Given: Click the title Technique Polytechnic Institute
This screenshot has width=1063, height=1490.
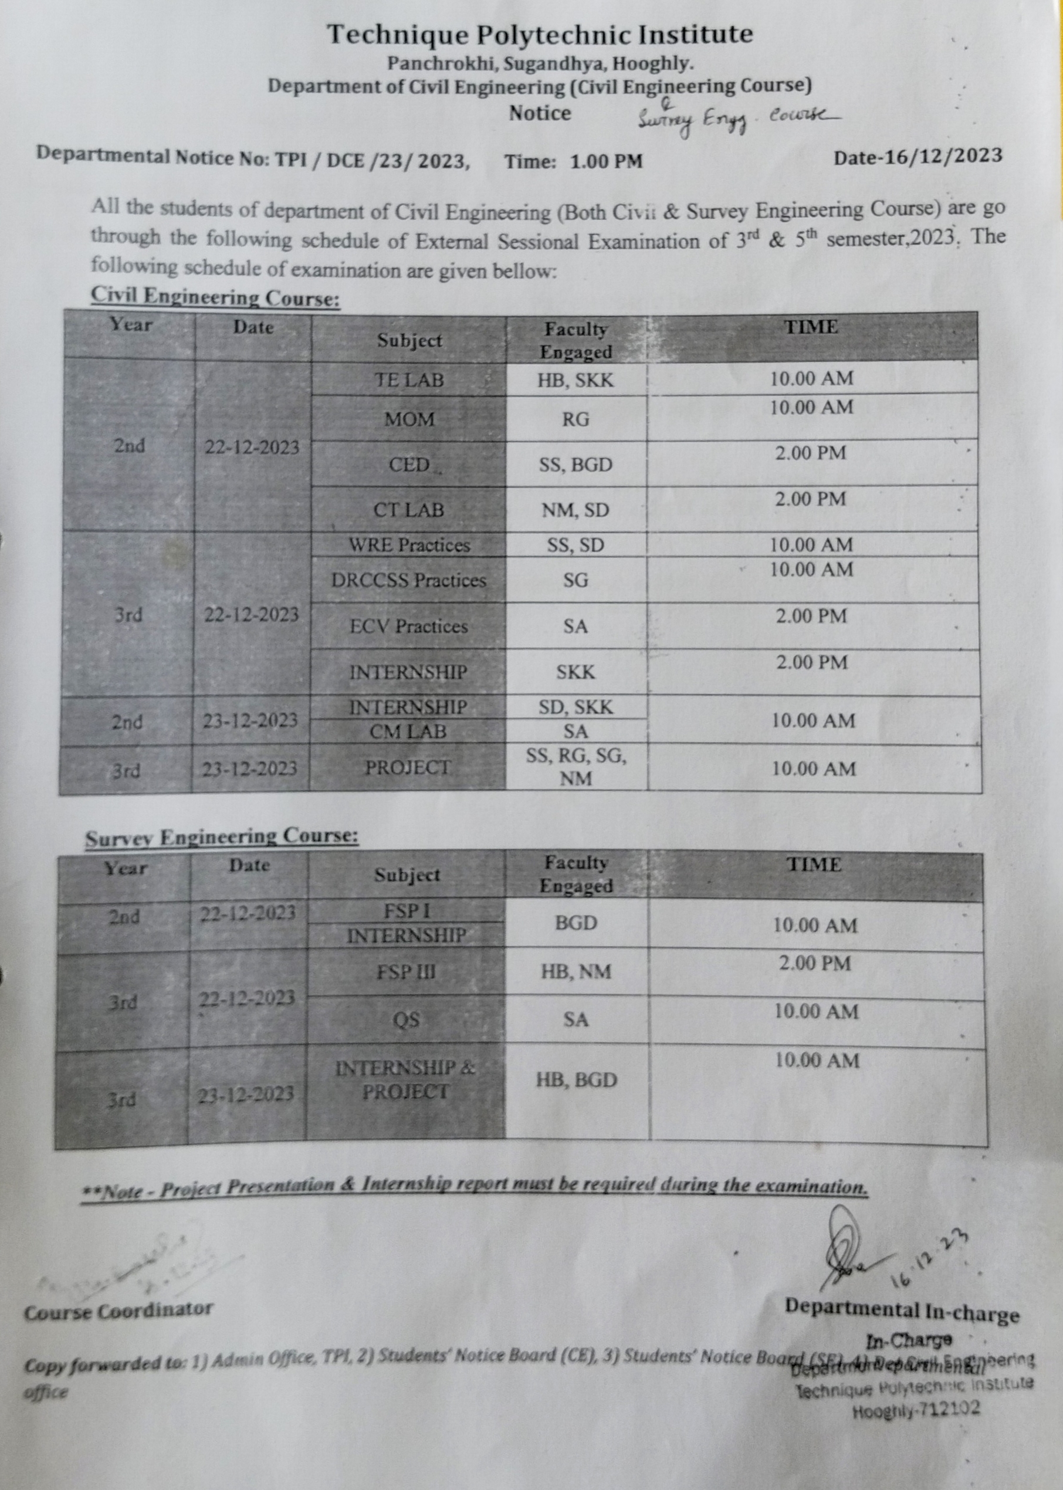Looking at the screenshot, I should point(540,35).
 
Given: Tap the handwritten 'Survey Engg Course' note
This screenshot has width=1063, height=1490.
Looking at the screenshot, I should point(736,120).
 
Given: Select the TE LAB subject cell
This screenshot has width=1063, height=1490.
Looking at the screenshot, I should point(408,380).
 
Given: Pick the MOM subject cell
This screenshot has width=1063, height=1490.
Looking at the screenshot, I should point(409,419).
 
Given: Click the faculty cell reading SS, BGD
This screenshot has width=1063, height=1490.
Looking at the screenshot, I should point(575,465).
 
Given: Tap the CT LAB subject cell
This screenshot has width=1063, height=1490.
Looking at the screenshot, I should point(408,510).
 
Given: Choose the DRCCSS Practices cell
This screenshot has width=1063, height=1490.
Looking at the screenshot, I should point(408,580).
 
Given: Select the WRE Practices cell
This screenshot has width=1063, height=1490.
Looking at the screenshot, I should point(409,545).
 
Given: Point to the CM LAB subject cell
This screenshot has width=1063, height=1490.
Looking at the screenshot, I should point(408,732).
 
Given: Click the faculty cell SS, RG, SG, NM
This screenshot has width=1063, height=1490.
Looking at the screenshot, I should point(576,767).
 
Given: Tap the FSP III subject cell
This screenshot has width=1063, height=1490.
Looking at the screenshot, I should point(406,973).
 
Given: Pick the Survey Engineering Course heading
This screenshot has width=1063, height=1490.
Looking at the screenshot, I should point(222,838).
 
